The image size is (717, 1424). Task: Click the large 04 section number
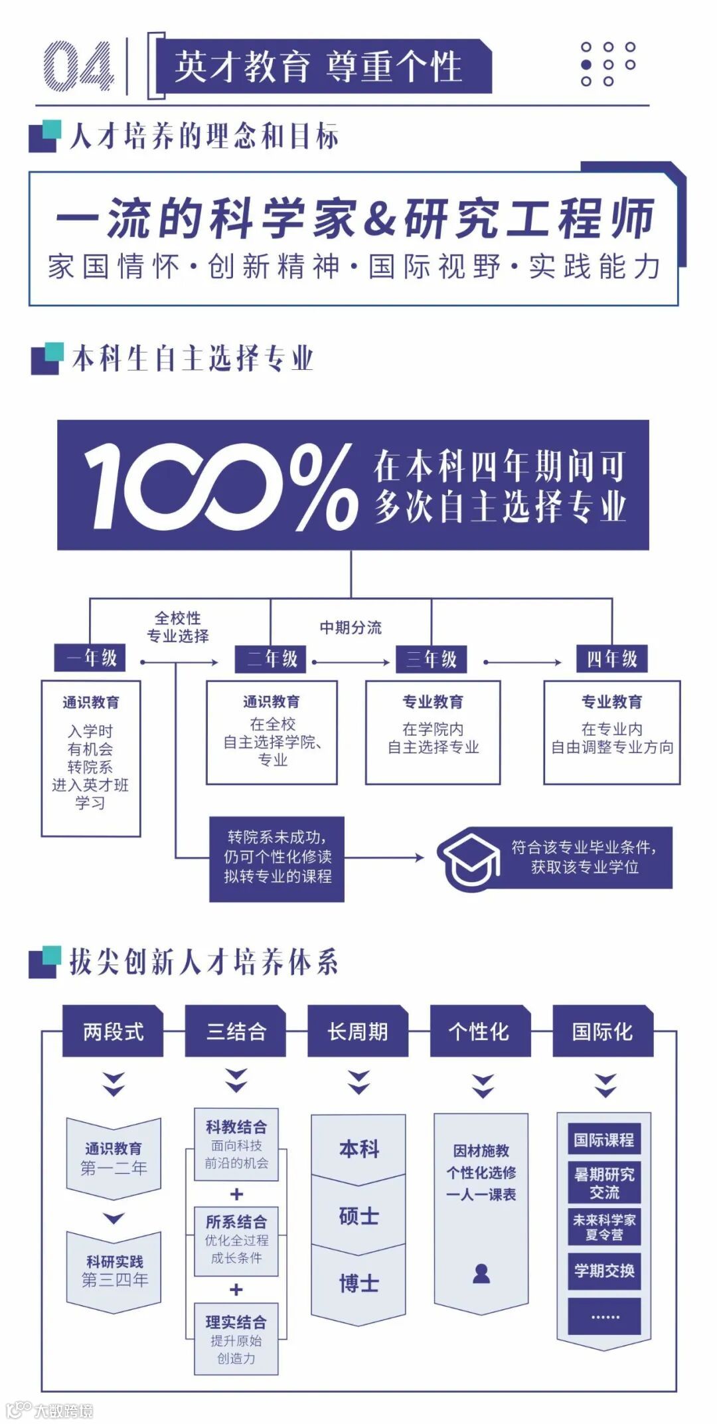[x=78, y=66]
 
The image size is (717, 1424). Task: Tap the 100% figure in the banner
[x=219, y=486]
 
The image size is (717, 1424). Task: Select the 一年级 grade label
[x=90, y=658]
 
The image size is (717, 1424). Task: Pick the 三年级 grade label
[x=432, y=659]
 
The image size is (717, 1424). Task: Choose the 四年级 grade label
[x=611, y=659]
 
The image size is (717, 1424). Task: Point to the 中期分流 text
[x=351, y=627]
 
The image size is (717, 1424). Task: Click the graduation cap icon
[x=470, y=859]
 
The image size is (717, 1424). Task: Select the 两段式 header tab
[x=113, y=1031]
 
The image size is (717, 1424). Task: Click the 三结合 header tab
[x=236, y=1031]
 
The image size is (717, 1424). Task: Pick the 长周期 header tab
[x=358, y=1031]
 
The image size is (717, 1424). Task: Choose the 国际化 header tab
[x=603, y=1031]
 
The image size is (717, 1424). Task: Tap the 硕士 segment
[x=358, y=1216]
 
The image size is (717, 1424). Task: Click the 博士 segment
[x=358, y=1283]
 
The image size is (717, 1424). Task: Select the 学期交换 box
[x=604, y=1271]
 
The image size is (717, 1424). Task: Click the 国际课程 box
[x=604, y=1140]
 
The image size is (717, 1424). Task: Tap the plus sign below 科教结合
[x=236, y=1194]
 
